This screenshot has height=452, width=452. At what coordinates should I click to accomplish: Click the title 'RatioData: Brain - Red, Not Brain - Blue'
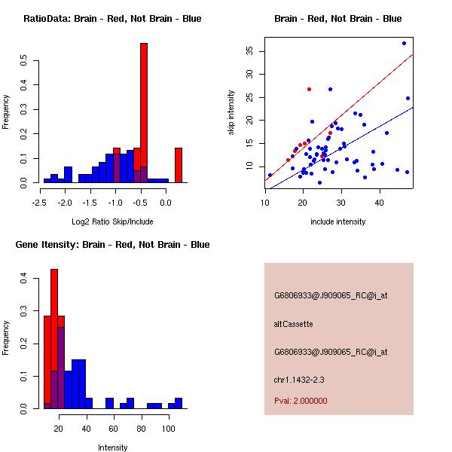pyautogui.click(x=112, y=19)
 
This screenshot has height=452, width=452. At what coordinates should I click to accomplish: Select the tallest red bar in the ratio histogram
pyautogui.click(x=144, y=113)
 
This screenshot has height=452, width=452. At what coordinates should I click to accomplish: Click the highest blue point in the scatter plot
pyautogui.click(x=404, y=43)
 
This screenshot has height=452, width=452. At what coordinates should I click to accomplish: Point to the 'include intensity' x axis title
pyautogui.click(x=338, y=221)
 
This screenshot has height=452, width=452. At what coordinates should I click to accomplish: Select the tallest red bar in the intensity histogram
pyautogui.click(x=54, y=339)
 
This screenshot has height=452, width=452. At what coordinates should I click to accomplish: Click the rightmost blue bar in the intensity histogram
pyautogui.click(x=179, y=403)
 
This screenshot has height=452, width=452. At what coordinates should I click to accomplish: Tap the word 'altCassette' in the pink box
pyautogui.click(x=293, y=324)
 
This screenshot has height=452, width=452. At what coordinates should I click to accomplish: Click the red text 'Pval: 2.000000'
pyautogui.click(x=301, y=401)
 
